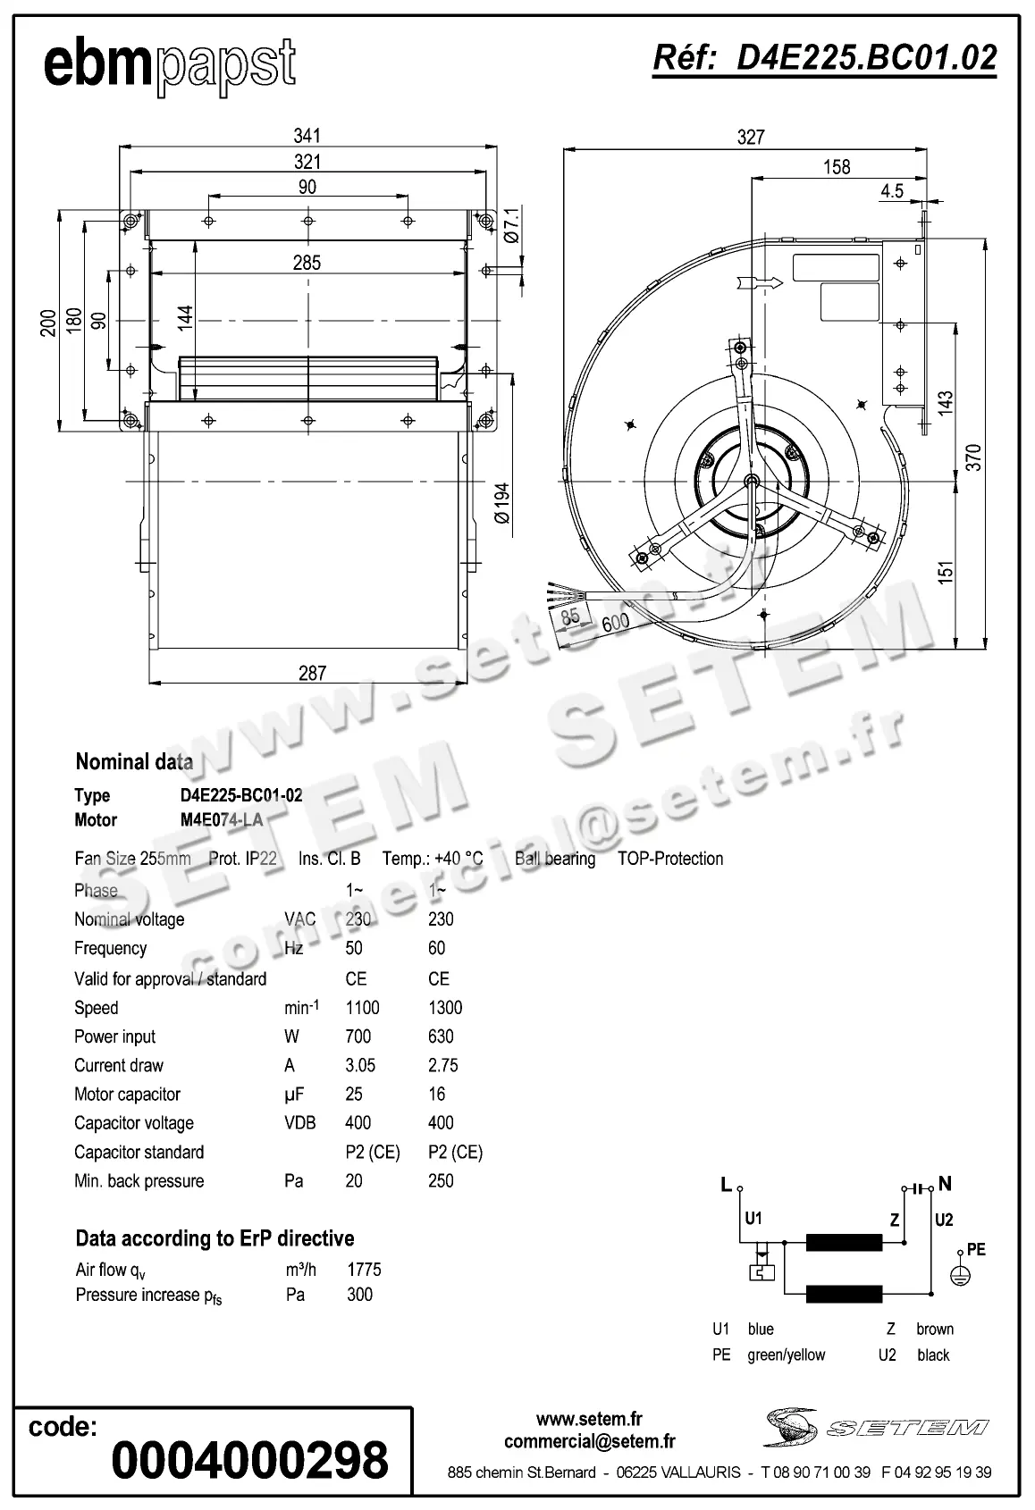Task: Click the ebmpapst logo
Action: [x=169, y=65]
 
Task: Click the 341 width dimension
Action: [x=307, y=136]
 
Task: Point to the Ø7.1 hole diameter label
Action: [x=511, y=225]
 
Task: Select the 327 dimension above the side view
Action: [x=751, y=137]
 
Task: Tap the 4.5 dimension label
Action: [x=891, y=190]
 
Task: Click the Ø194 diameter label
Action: [x=502, y=504]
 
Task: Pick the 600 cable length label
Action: [x=615, y=622]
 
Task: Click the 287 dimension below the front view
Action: [x=312, y=673]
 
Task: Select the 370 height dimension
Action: [x=974, y=457]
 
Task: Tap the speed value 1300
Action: [x=445, y=1008]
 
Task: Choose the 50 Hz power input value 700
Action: [x=358, y=1036]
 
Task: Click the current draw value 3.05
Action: [x=360, y=1065]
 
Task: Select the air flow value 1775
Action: [x=364, y=1270]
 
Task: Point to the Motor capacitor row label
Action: [x=127, y=1095]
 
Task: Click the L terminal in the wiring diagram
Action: [x=727, y=1185]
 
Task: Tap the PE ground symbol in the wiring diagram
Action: [x=959, y=1276]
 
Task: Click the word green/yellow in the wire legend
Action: [x=786, y=1355]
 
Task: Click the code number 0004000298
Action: [x=250, y=1460]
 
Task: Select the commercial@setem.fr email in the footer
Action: [x=589, y=1441]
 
